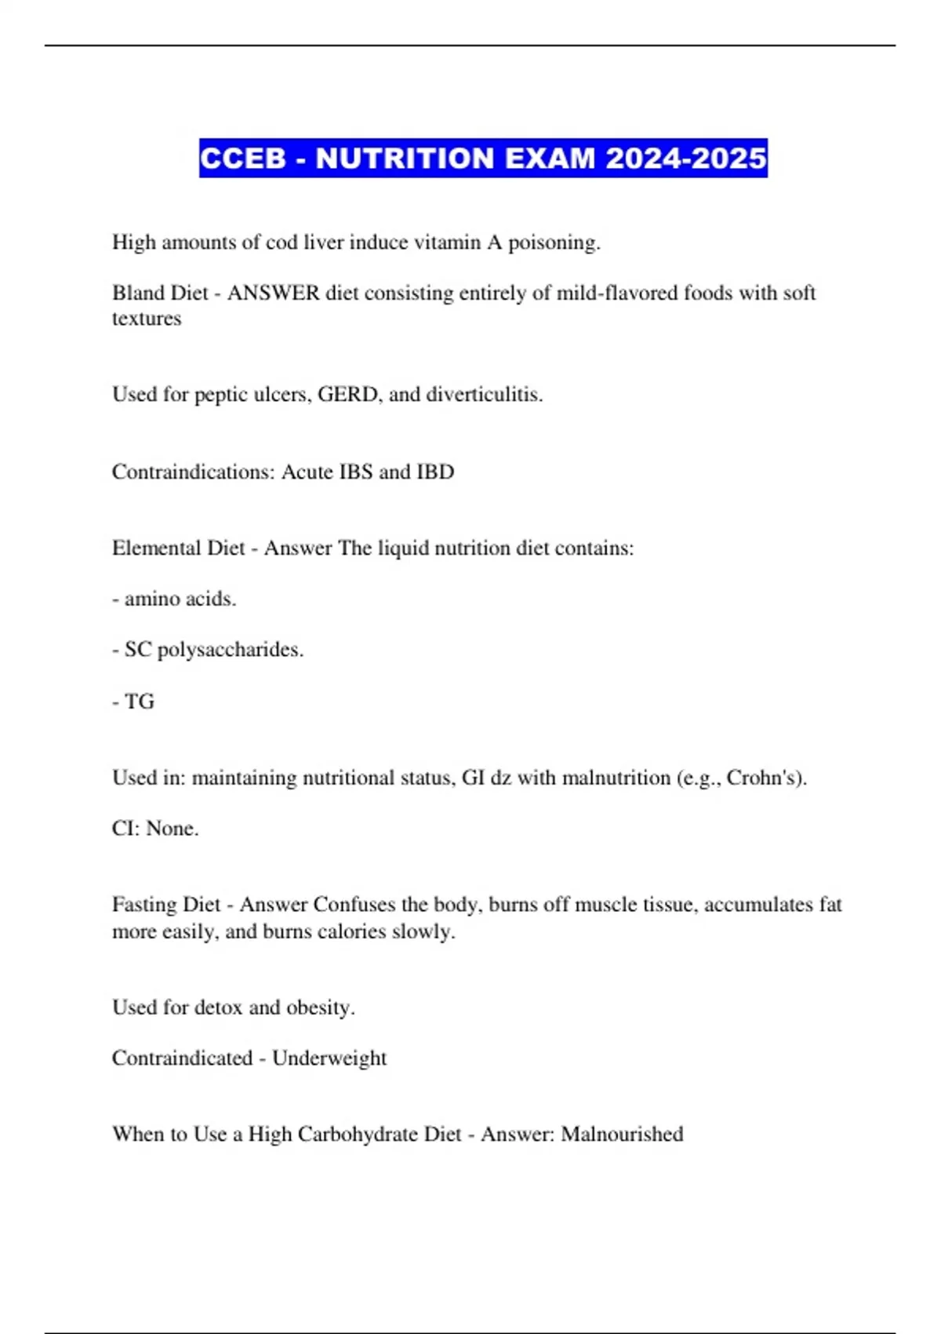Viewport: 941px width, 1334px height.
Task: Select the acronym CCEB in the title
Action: click(243, 159)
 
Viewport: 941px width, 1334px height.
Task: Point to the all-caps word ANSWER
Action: click(273, 293)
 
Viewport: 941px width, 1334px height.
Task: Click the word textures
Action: click(147, 319)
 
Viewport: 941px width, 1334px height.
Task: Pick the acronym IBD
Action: click(435, 472)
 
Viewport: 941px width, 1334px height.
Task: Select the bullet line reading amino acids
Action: click(174, 599)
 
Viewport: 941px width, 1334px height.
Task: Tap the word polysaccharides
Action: click(230, 650)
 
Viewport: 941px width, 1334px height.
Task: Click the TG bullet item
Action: click(134, 701)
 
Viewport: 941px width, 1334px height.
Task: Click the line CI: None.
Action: click(155, 829)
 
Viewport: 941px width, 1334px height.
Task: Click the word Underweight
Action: click(329, 1058)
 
